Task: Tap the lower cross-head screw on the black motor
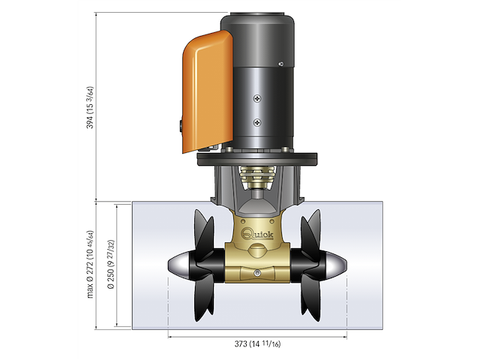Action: [x=258, y=122]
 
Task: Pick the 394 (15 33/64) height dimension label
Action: [x=91, y=108]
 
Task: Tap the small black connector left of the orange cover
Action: [x=181, y=127]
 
